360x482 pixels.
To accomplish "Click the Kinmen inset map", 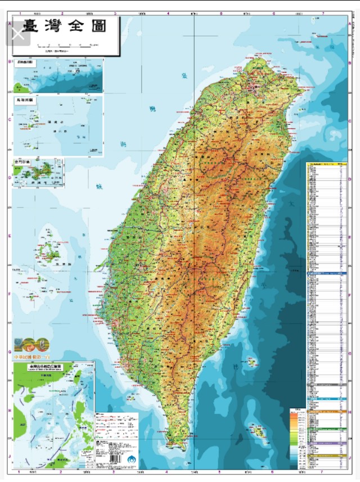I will pyautogui.click(x=38, y=172).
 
